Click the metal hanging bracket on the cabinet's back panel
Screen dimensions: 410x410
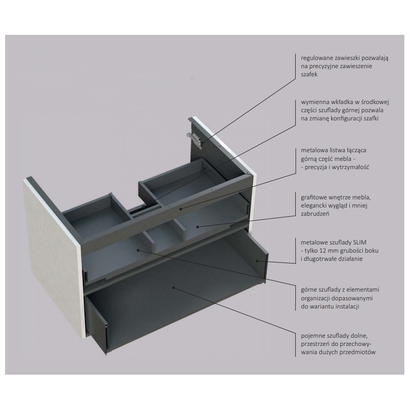click(x=194, y=137)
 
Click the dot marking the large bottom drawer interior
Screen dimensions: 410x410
click(x=174, y=289)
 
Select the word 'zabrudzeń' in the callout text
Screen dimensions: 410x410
click(x=313, y=214)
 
